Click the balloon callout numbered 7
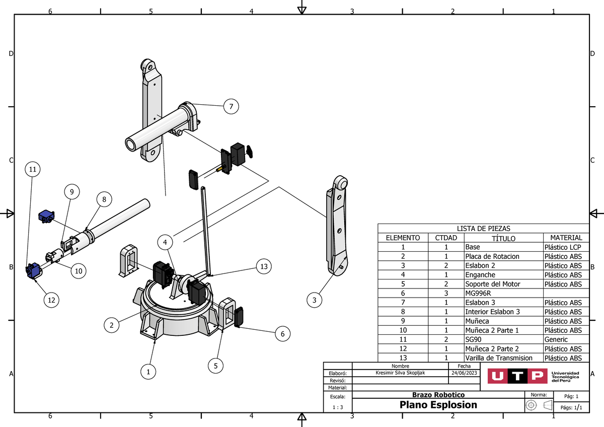point(231,107)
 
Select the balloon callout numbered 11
point(32,170)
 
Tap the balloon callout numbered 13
point(264,266)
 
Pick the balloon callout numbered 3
point(315,301)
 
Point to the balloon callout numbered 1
point(148,373)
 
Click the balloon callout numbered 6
point(282,333)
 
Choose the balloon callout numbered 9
point(71,192)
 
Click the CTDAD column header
point(446,238)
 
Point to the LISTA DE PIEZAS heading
point(483,229)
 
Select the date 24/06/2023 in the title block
point(464,373)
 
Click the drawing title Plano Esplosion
point(438,405)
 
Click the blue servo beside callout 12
point(34,270)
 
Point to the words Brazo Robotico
point(438,395)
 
